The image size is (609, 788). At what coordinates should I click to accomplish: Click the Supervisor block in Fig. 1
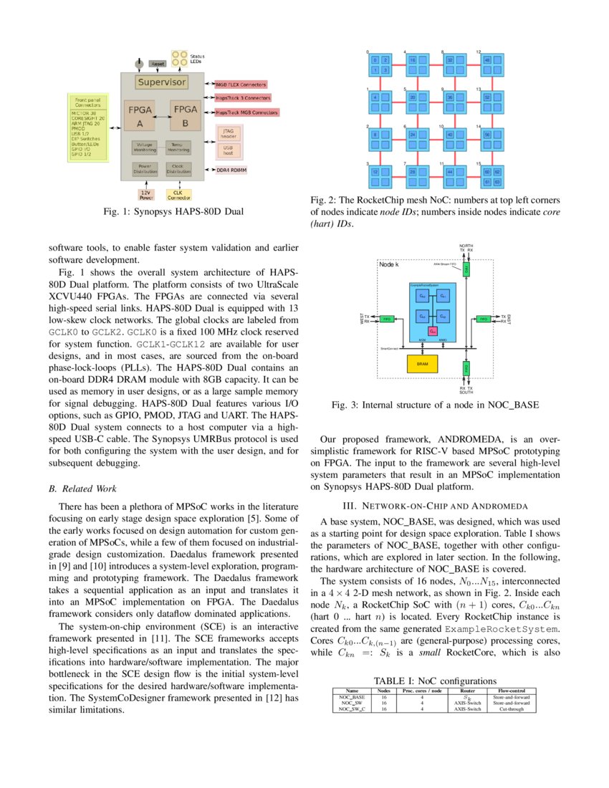point(161,82)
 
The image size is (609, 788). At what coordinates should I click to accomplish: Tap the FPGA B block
point(186,115)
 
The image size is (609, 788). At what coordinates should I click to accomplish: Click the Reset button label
point(157,64)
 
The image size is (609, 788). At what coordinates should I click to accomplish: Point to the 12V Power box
point(145,193)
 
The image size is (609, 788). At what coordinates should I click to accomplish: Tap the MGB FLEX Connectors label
point(241,84)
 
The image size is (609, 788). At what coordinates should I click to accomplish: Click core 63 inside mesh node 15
point(496,182)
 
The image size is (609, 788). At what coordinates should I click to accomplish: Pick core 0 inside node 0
point(373,60)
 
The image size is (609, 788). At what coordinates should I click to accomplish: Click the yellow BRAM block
point(422,363)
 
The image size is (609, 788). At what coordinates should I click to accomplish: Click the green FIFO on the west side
point(386,318)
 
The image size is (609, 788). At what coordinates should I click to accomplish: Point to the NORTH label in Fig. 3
point(466,246)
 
